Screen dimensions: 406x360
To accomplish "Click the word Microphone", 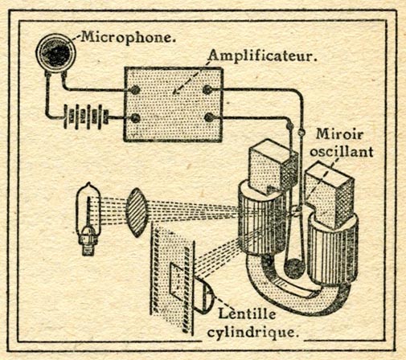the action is [x=129, y=38].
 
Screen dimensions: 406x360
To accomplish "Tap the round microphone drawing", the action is [x=56, y=53].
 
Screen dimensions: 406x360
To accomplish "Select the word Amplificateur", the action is [x=263, y=56].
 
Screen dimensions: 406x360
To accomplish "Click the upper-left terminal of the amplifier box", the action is [x=135, y=90].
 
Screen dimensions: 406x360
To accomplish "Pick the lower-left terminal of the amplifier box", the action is [x=135, y=118].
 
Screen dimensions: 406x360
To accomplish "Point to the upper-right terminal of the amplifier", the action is [x=207, y=90].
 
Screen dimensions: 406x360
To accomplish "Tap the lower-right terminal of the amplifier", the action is [x=209, y=117].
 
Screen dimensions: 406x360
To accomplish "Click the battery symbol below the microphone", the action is [x=86, y=117].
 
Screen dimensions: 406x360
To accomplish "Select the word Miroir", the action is [x=339, y=134].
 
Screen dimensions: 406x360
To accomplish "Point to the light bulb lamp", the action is [x=88, y=219].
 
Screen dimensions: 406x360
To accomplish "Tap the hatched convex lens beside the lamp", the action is [x=137, y=212].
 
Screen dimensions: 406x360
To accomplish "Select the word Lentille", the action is [x=247, y=313].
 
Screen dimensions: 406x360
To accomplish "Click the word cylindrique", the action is [x=253, y=332].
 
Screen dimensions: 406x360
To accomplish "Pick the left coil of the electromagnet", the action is [x=261, y=219].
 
